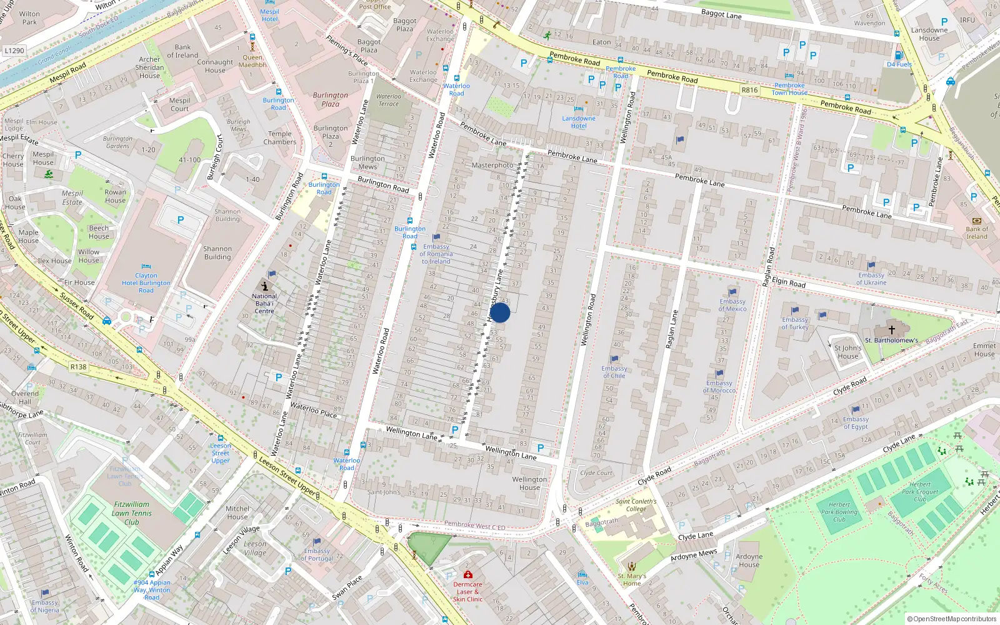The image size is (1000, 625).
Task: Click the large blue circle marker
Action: (x=500, y=312)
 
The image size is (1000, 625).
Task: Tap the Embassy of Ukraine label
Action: (x=871, y=279)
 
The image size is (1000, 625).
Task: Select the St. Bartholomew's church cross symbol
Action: (x=892, y=329)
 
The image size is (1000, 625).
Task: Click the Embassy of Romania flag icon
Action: (x=436, y=237)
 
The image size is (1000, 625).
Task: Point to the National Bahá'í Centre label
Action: (x=264, y=303)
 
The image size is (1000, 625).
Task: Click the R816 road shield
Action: (x=749, y=90)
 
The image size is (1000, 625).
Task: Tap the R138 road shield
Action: (x=79, y=367)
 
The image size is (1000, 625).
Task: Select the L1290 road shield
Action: (x=14, y=51)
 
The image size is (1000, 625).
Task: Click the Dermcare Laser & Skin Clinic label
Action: (x=467, y=591)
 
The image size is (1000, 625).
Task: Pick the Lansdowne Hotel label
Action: (x=579, y=122)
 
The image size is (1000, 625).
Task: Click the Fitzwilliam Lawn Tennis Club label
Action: (x=132, y=513)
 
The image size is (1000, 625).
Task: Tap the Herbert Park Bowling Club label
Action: (x=839, y=512)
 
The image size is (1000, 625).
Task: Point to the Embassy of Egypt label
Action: (x=856, y=423)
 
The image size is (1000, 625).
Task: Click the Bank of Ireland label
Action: (x=976, y=232)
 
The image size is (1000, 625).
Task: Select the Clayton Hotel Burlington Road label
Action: (x=146, y=282)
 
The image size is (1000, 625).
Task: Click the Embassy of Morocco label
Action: (x=719, y=387)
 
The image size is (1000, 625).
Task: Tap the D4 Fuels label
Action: (x=899, y=64)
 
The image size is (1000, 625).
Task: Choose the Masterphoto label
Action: (x=492, y=165)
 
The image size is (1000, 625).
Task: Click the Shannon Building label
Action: (x=217, y=252)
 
